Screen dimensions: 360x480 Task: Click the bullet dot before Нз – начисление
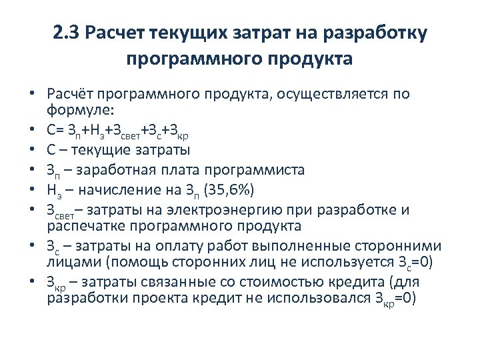(x=31, y=191)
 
